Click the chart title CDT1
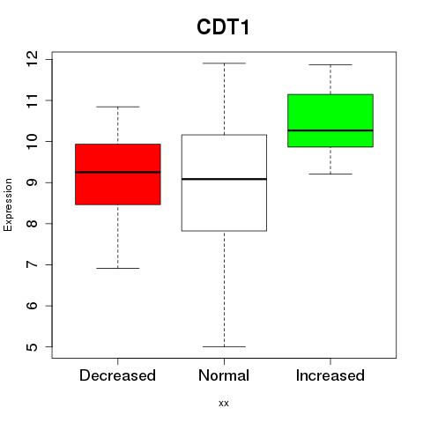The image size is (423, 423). (223, 27)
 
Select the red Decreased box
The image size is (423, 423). (118, 174)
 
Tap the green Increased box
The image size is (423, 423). (330, 121)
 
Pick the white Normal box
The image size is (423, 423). (224, 182)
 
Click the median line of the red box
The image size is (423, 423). (118, 172)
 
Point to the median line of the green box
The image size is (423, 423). (330, 130)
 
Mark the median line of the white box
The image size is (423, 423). (224, 179)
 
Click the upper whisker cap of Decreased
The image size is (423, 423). (118, 107)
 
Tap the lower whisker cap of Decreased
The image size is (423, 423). (118, 268)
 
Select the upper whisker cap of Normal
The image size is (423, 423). (224, 63)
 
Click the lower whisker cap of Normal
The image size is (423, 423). (224, 346)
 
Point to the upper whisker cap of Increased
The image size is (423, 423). (330, 64)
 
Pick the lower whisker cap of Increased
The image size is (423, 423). (330, 174)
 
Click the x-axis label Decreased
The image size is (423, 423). (117, 375)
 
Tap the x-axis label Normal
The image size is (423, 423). (224, 375)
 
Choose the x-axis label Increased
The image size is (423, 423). (330, 375)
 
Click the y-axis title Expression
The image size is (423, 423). (8, 204)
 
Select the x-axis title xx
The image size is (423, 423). (224, 404)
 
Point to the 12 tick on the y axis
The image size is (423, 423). (33, 59)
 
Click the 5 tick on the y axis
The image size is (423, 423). (33, 347)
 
